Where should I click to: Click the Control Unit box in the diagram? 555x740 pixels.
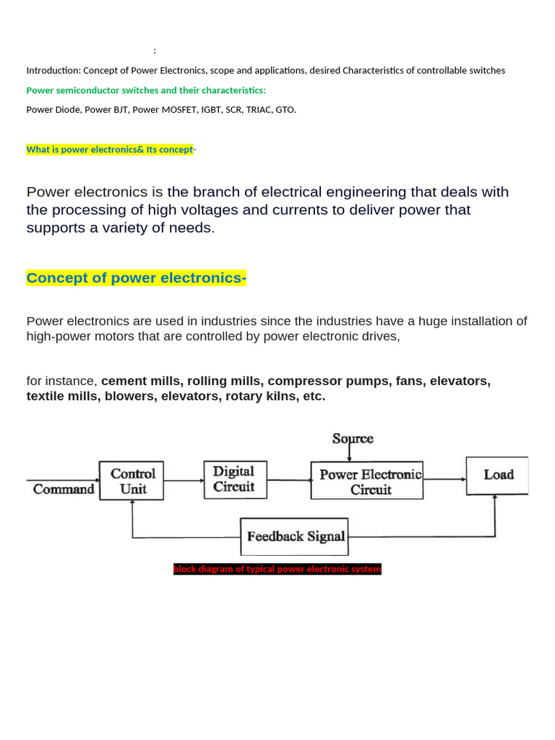click(132, 481)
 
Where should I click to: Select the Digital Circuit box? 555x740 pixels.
click(235, 479)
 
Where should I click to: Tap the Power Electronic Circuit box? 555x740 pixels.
click(367, 481)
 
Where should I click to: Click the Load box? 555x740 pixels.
click(497, 475)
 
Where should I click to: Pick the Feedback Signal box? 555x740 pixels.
click(294, 536)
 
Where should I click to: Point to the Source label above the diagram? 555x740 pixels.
click(353, 439)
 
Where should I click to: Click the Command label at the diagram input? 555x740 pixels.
click(64, 489)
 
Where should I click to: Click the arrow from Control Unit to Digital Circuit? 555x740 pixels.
click(184, 480)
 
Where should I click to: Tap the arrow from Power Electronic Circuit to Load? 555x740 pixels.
click(444, 478)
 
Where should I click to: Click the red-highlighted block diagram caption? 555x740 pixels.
click(277, 569)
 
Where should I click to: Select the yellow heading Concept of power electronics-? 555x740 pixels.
click(136, 278)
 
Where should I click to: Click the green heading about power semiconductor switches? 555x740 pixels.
click(146, 90)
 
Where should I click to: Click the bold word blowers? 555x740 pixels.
click(128, 396)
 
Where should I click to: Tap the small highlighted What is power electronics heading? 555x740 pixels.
click(111, 150)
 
